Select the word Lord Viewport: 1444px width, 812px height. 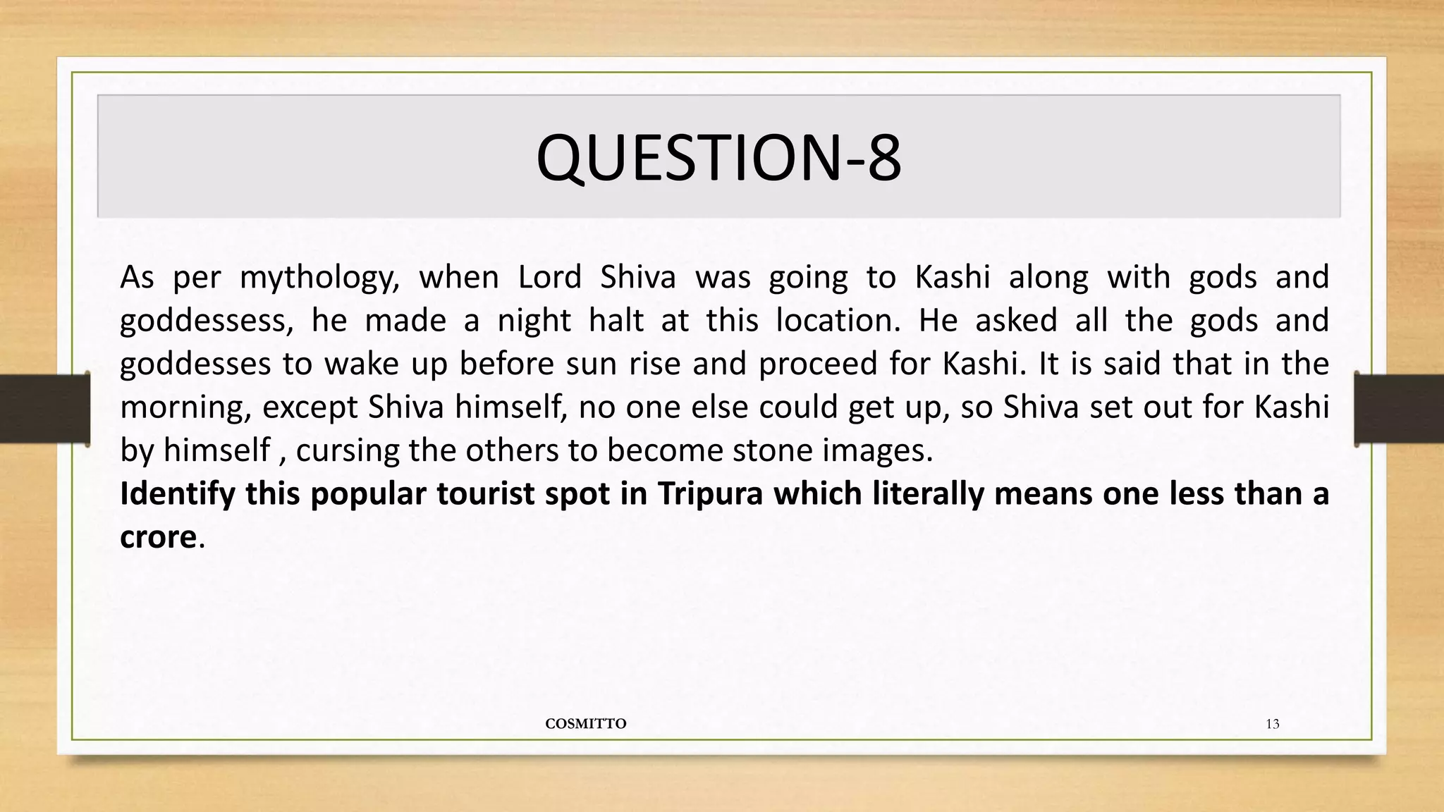click(549, 277)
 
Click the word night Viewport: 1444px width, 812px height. click(534, 321)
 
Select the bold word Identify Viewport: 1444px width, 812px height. click(177, 494)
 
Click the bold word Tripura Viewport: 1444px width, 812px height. click(711, 494)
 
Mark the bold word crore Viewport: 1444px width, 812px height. click(158, 537)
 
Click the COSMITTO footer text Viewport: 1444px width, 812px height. click(586, 724)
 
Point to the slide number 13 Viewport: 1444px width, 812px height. click(1273, 724)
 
